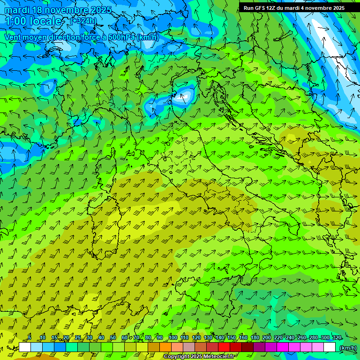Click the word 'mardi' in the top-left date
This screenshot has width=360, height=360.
pyautogui.click(x=16, y=10)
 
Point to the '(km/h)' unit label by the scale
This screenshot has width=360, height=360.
pyautogui.click(x=348, y=347)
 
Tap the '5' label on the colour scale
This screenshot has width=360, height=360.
pyautogui.click(x=30, y=338)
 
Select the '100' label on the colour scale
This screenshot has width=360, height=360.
pyautogui.click(x=173, y=338)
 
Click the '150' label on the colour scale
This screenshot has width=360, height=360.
pyautogui.click(x=232, y=338)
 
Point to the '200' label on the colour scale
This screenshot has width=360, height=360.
pyautogui.click(x=267, y=338)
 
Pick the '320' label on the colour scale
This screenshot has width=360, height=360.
pyautogui.click(x=337, y=338)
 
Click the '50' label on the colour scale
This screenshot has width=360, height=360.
pyautogui.click(x=113, y=338)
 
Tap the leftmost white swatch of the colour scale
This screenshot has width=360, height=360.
pyautogui.click(x=25, y=347)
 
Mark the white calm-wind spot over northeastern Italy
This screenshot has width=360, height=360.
pyautogui.click(x=186, y=96)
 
